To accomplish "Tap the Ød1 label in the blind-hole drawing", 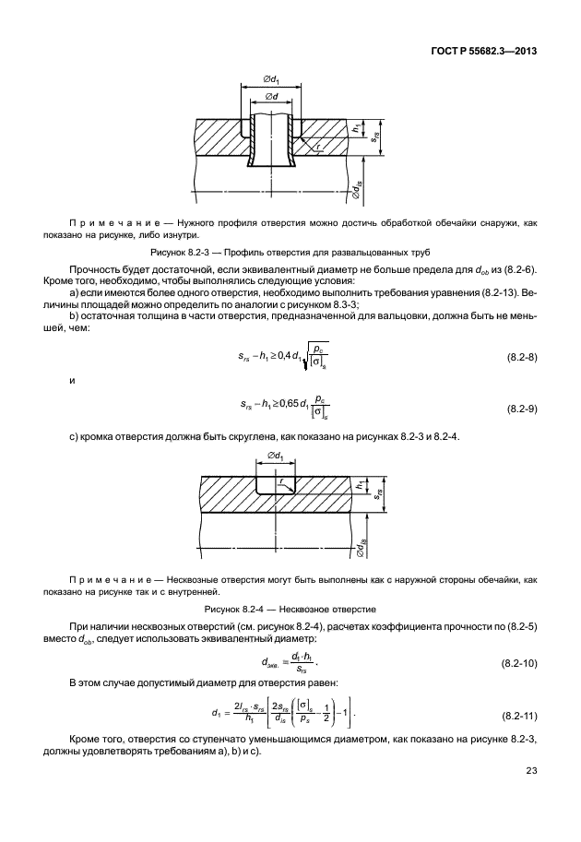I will click(276, 456).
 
